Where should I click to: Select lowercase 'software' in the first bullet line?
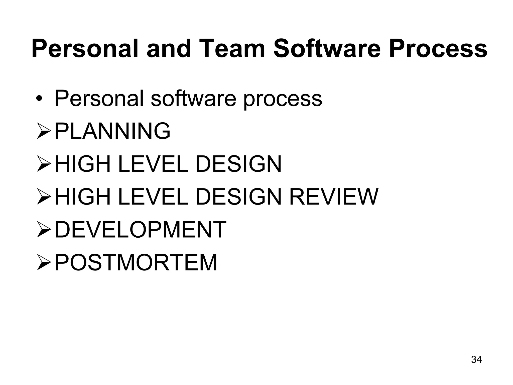(193, 98)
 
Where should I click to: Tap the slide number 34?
(476, 359)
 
